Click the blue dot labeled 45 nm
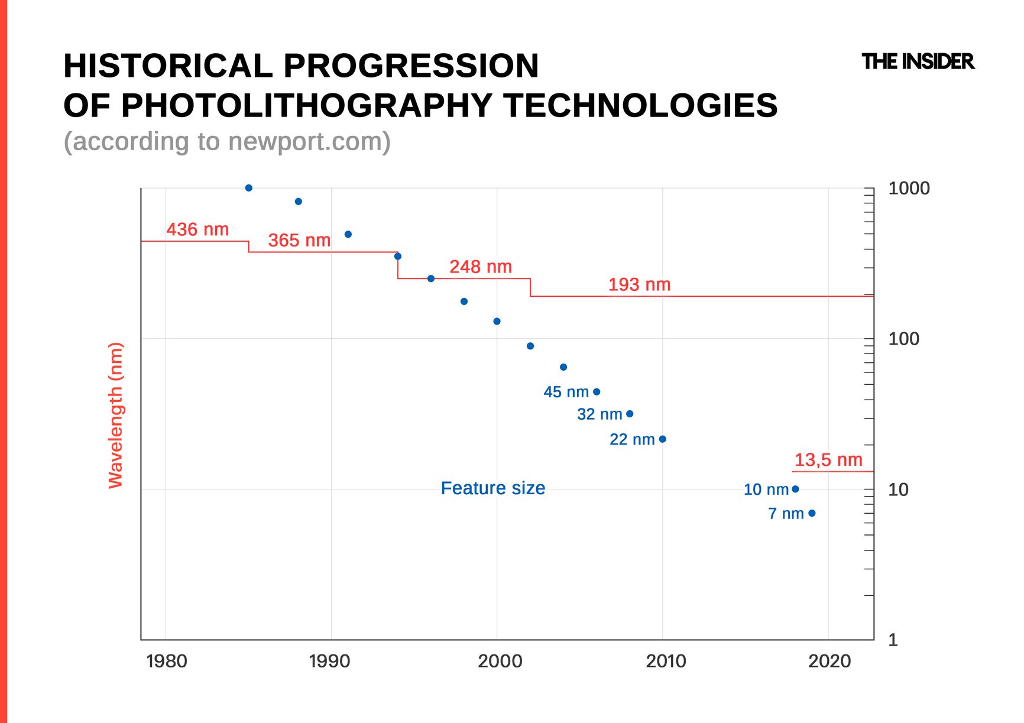tap(597, 392)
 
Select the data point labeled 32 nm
tap(630, 414)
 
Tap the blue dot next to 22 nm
tap(663, 439)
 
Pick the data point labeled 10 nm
tap(795, 489)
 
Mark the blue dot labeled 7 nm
tap(812, 513)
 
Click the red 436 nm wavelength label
tap(197, 229)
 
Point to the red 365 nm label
tap(299, 240)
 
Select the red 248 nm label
tap(481, 267)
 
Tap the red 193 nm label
tap(639, 284)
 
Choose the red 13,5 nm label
tap(828, 459)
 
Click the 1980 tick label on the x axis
tap(167, 661)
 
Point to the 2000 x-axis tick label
tap(500, 661)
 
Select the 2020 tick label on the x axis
tap(829, 661)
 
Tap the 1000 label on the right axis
tap(909, 189)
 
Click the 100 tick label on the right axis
tap(903, 339)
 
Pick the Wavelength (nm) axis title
tap(115, 415)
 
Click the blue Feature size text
tap(493, 488)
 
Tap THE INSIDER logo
tap(918, 61)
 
